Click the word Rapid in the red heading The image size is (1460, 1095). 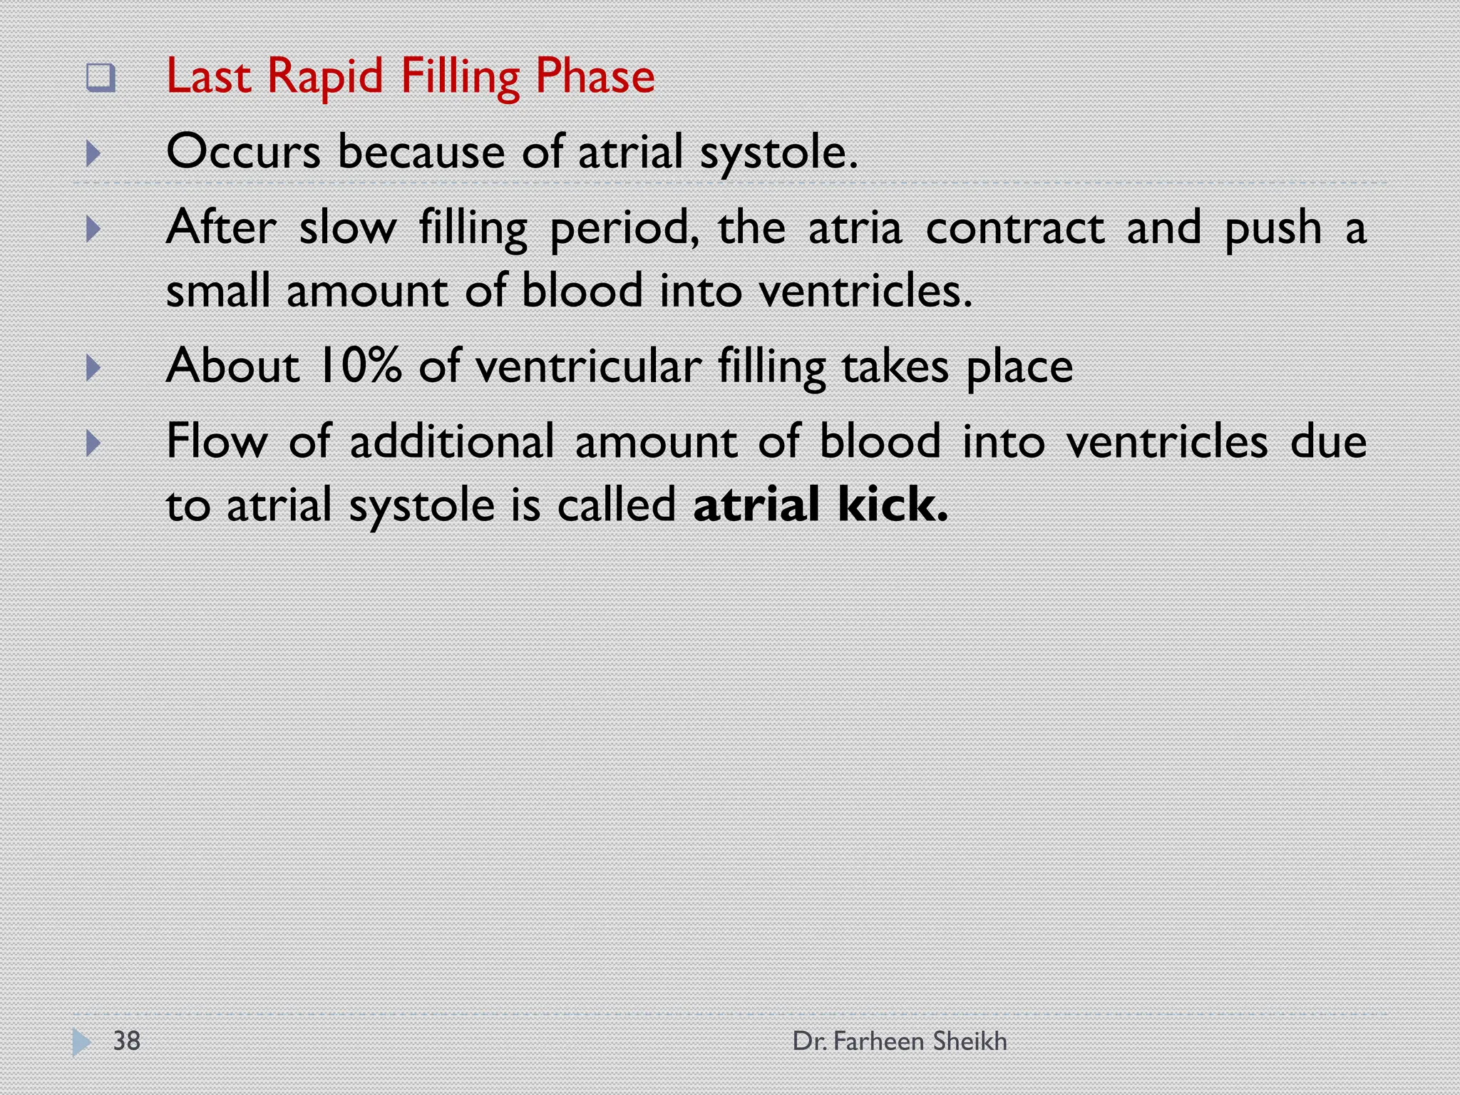click(325, 77)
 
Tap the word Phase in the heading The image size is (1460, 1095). click(595, 77)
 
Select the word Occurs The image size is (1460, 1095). click(243, 152)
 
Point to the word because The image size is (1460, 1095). click(421, 152)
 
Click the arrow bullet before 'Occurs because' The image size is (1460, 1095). click(93, 153)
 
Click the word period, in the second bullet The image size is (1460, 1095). click(624, 229)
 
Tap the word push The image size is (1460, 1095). click(1273, 229)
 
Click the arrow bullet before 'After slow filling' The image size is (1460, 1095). click(93, 229)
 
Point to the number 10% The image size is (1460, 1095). click(359, 366)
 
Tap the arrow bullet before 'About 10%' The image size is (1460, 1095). click(93, 368)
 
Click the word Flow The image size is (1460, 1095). click(217, 441)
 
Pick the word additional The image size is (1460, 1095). click(451, 441)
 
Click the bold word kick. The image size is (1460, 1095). click(893, 505)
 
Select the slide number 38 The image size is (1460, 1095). click(127, 1041)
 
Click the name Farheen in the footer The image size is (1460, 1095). click(878, 1042)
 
